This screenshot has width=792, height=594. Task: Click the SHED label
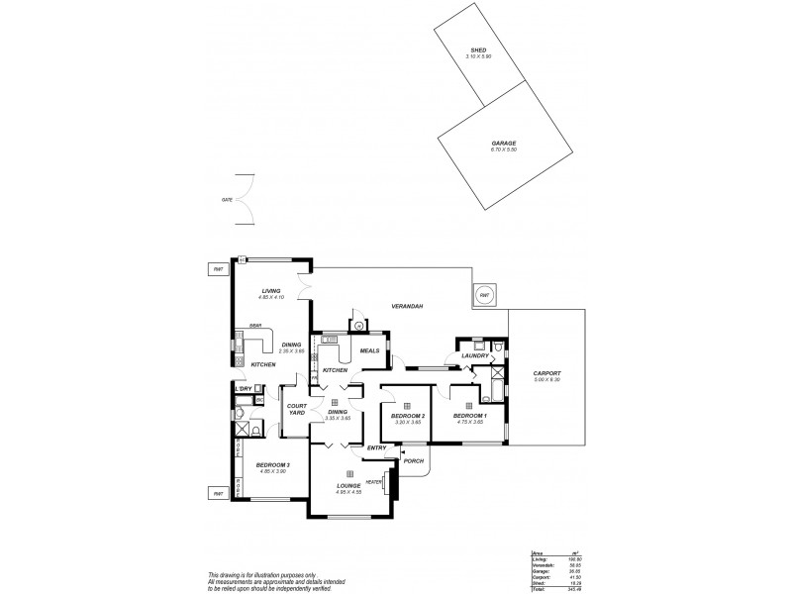coord(478,50)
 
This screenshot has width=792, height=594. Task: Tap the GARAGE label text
coord(504,143)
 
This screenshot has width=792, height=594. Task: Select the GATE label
coord(227,200)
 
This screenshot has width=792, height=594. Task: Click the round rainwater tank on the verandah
coord(485,295)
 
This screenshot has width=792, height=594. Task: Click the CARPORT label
coord(546,374)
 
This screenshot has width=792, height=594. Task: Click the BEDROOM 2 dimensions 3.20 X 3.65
coord(407,423)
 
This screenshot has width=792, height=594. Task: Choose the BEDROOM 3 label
coord(272,464)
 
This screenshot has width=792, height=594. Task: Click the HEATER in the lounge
coord(374,482)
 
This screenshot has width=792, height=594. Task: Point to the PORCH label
coord(414,460)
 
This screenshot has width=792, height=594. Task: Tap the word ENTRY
coord(376,448)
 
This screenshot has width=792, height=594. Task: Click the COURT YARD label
coord(296,408)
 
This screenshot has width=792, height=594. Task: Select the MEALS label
coord(369,349)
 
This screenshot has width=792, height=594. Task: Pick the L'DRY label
coord(244,388)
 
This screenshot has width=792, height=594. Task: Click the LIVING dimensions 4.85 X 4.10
coord(271,297)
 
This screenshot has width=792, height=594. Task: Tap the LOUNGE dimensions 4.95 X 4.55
coord(349,492)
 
